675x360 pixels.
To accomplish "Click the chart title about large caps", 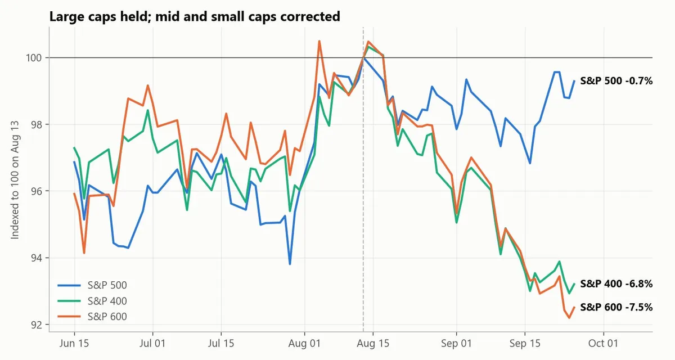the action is [195, 16].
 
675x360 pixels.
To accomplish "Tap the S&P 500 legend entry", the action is [92, 285].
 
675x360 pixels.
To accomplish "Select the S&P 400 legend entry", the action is [92, 300].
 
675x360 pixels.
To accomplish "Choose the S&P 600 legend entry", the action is [92, 316].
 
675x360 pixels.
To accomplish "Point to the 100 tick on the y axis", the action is [33, 57].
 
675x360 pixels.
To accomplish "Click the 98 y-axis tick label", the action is [36, 124].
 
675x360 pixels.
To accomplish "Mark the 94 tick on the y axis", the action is [36, 258].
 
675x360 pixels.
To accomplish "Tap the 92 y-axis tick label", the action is [36, 325].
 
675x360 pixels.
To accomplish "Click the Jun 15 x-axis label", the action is [74, 344].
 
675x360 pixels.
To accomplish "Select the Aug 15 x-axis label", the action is [373, 344].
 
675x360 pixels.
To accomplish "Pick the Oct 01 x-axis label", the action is [603, 344].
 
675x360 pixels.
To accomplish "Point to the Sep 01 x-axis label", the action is [456, 344].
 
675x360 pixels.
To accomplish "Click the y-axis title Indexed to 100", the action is [15, 180].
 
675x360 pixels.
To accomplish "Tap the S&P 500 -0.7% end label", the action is [616, 81].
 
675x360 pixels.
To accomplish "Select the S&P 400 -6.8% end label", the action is [616, 284].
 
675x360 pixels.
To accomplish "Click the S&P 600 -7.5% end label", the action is [616, 307].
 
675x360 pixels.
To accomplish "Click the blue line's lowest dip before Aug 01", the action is [290, 264].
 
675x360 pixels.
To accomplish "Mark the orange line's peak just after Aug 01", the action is [319, 41].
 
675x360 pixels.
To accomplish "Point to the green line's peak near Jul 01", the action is [148, 110].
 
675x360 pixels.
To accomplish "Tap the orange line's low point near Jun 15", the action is [84, 253].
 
